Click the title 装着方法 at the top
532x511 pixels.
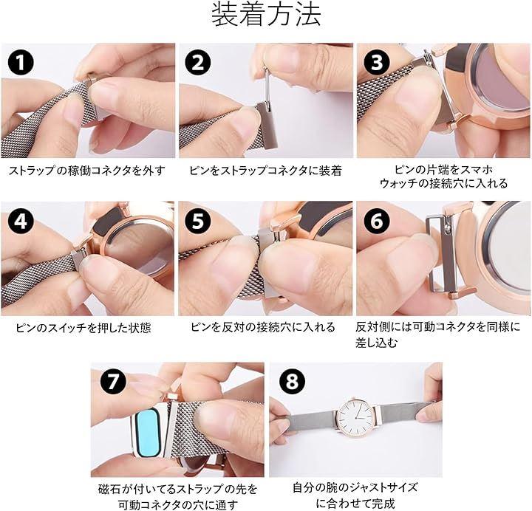(x=266, y=16)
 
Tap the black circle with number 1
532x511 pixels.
(x=21, y=63)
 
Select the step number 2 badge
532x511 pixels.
(x=198, y=63)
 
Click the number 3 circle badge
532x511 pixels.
(x=377, y=63)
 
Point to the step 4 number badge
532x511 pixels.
(x=21, y=221)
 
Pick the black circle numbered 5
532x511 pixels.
(x=198, y=221)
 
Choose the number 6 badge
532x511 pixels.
(x=377, y=221)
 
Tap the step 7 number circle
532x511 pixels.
(x=113, y=380)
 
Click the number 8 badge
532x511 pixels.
(x=292, y=380)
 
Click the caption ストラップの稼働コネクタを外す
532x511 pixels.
(x=87, y=171)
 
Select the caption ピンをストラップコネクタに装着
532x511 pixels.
(x=266, y=171)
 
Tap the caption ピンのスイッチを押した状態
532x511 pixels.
(x=83, y=328)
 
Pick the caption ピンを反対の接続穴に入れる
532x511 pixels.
(x=263, y=327)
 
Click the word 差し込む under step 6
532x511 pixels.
(x=376, y=343)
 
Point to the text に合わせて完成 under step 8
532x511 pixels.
(x=355, y=503)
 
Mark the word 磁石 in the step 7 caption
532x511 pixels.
(x=109, y=490)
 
